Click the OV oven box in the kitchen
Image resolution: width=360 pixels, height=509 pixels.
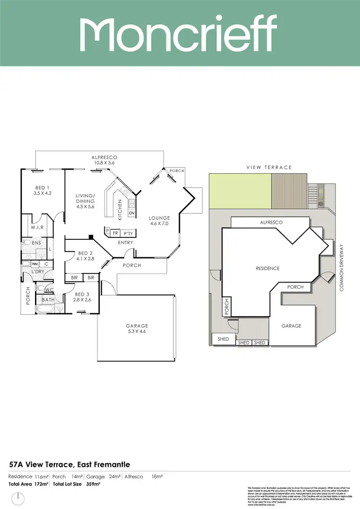(x=132, y=213)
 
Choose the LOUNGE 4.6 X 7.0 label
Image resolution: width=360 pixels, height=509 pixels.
(x=159, y=221)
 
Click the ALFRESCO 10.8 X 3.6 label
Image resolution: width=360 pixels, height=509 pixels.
(x=105, y=160)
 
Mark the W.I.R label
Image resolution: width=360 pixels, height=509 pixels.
(x=37, y=227)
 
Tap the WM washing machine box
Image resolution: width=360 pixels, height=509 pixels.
(x=35, y=264)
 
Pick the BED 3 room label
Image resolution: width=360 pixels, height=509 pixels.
(x=82, y=297)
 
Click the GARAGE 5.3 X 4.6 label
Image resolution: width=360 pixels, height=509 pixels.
(x=137, y=329)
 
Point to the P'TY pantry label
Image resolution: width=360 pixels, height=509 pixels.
(x=128, y=232)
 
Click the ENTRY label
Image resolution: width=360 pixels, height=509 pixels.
(x=126, y=243)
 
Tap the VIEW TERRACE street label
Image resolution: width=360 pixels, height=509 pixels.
(x=269, y=167)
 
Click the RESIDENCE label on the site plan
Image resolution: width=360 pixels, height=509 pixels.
(x=267, y=268)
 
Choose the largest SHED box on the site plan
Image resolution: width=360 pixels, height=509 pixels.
(x=224, y=339)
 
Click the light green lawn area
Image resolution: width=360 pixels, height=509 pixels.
(x=240, y=190)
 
